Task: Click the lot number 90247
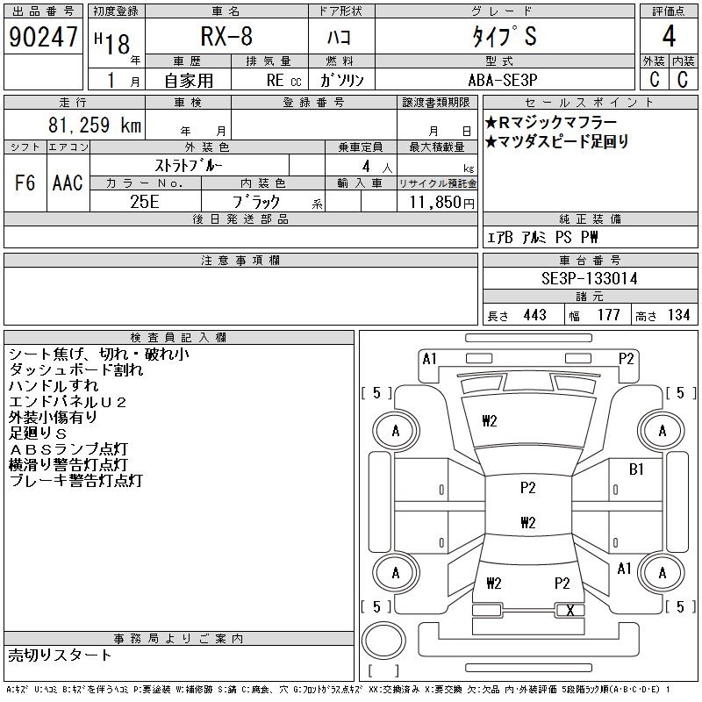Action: [x=42, y=38]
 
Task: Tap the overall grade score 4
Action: [x=669, y=38]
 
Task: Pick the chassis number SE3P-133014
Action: [x=590, y=278]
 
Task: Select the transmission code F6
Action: [x=25, y=183]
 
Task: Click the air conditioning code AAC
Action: [x=68, y=183]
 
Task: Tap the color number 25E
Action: [x=145, y=201]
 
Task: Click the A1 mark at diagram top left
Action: [x=430, y=358]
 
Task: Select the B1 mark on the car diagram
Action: [x=636, y=469]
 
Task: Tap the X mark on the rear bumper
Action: [x=570, y=610]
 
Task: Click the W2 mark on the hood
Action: [x=490, y=421]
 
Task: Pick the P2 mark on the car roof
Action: [x=527, y=488]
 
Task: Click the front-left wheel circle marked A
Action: [x=396, y=430]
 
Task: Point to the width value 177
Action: [x=608, y=315]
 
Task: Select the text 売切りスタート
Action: [x=61, y=655]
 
